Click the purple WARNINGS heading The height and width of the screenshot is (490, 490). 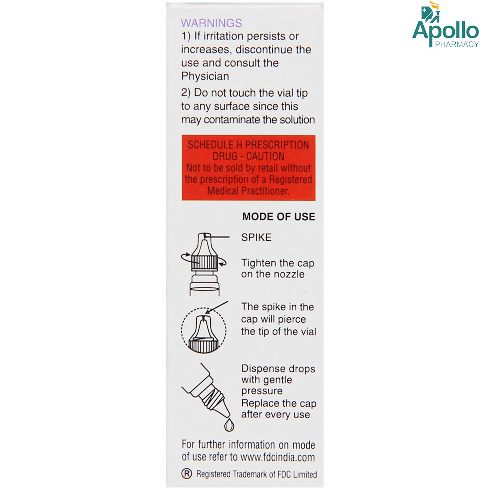tap(211, 23)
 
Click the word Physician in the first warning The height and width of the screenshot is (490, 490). tap(205, 76)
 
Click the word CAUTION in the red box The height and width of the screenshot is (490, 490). tap(265, 156)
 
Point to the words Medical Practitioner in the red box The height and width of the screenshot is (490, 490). tap(248, 191)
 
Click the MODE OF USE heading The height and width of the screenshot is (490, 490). tap(278, 217)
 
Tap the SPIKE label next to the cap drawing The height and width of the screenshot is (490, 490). tap(256, 237)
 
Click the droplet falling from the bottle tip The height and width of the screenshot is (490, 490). tap(229, 425)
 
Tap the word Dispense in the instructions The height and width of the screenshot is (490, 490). tap(261, 368)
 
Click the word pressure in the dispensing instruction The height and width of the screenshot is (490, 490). tap(262, 391)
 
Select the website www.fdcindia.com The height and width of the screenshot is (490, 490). tap(277, 457)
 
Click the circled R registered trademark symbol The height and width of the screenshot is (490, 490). tap(187, 474)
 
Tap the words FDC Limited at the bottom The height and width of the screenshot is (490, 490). tap(297, 474)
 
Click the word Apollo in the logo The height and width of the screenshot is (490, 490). tap(446, 31)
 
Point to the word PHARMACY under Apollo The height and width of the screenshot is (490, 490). tap(457, 44)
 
